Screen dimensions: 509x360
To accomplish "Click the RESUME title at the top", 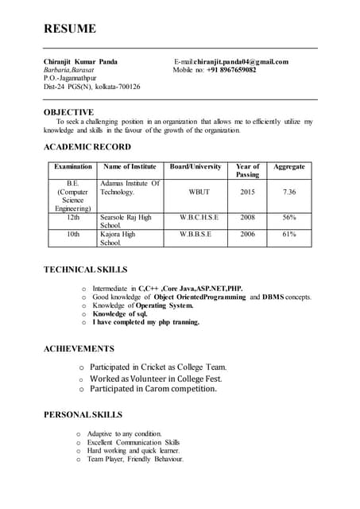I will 70,29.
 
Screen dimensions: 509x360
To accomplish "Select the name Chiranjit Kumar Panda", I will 80,61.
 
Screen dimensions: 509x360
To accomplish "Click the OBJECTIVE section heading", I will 68,112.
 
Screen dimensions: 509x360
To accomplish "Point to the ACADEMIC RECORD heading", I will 87,147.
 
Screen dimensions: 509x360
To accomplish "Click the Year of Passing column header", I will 247,170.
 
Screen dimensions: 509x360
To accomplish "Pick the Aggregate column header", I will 288,166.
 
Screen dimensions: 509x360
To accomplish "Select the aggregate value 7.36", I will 288,192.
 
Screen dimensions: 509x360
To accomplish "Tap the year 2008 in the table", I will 247,216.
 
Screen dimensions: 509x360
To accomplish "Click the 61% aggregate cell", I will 288,234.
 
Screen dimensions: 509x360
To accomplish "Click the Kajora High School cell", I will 118,238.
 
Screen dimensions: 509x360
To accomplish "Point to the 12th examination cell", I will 73,216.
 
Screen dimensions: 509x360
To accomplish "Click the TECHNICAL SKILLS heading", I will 85,270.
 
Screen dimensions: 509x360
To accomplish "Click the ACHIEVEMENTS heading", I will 79,348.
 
